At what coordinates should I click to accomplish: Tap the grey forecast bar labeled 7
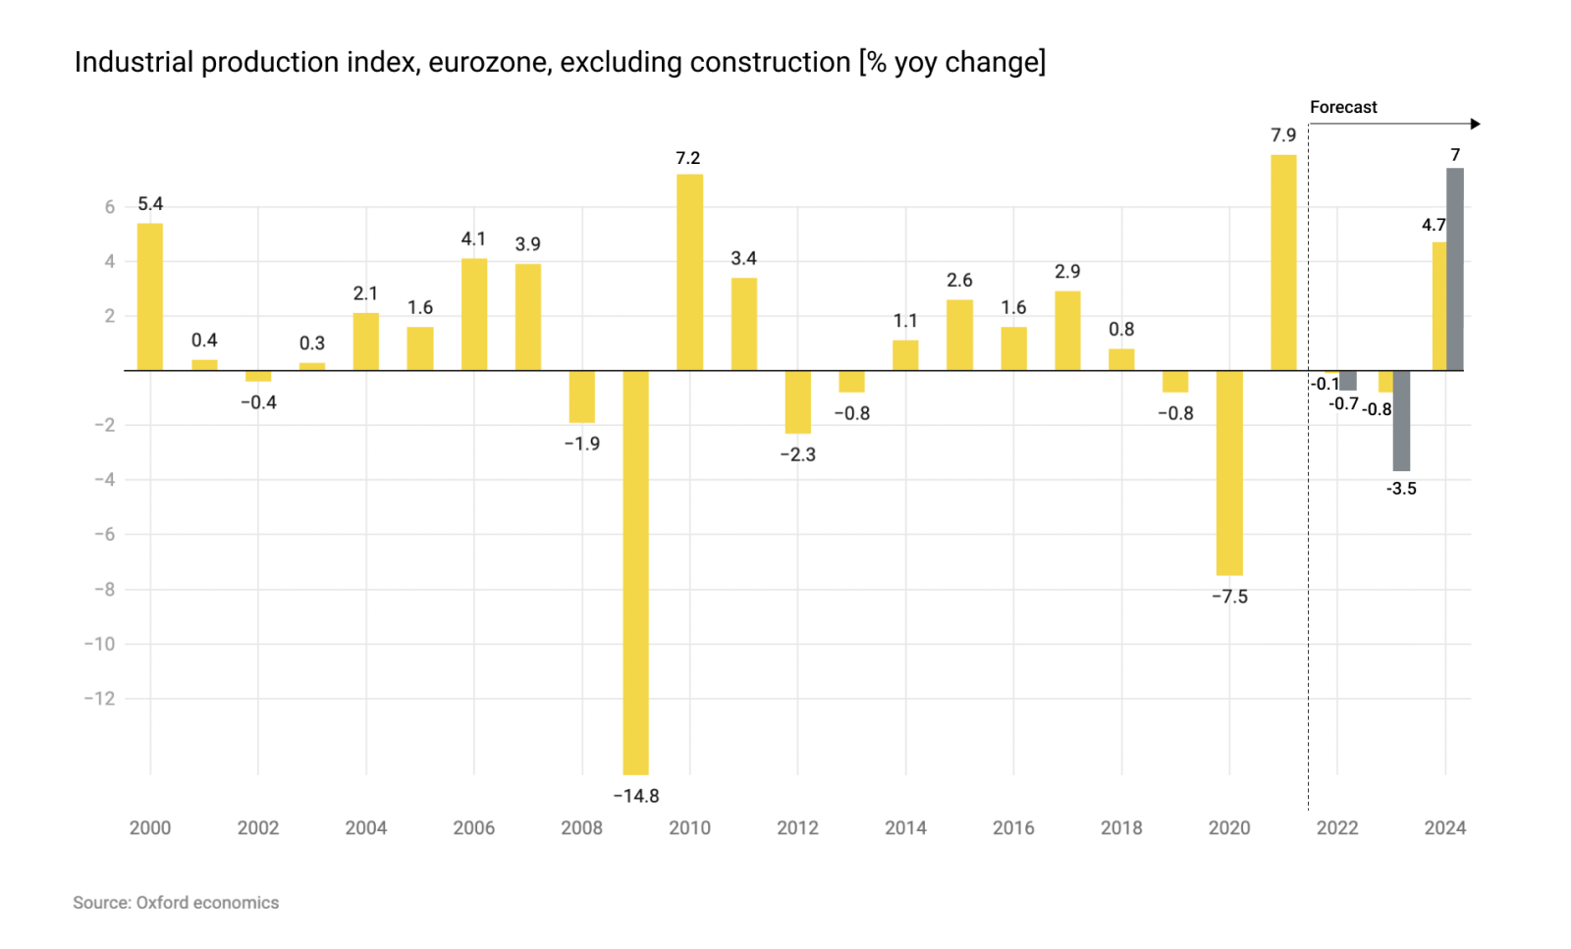[x=1455, y=269]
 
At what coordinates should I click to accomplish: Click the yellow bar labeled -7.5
[x=1229, y=472]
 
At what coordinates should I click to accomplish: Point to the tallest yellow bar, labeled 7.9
[x=1283, y=262]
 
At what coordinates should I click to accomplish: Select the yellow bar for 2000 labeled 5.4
[x=150, y=296]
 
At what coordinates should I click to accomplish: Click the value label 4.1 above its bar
[x=473, y=238]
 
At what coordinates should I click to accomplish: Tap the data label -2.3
[x=797, y=454]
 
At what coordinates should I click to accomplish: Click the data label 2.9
[x=1067, y=272]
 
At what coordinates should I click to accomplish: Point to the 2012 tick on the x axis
[x=797, y=827]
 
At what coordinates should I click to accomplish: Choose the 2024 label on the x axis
[x=1445, y=827]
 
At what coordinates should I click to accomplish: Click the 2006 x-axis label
[x=473, y=827]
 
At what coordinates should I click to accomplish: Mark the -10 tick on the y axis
[x=99, y=644]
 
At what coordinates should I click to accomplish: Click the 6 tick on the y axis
[x=110, y=207]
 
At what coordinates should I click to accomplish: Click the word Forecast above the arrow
[x=1343, y=107]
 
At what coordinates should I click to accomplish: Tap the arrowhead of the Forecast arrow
[x=1475, y=124]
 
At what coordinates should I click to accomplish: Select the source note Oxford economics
[x=207, y=902]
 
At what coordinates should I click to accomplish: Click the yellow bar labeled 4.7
[x=1438, y=306]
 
